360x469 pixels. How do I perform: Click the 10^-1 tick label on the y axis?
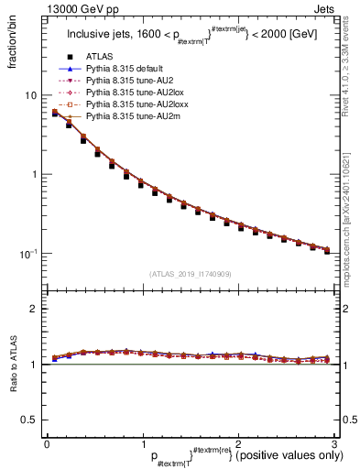27,254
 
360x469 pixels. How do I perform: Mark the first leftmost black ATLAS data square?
55,114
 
